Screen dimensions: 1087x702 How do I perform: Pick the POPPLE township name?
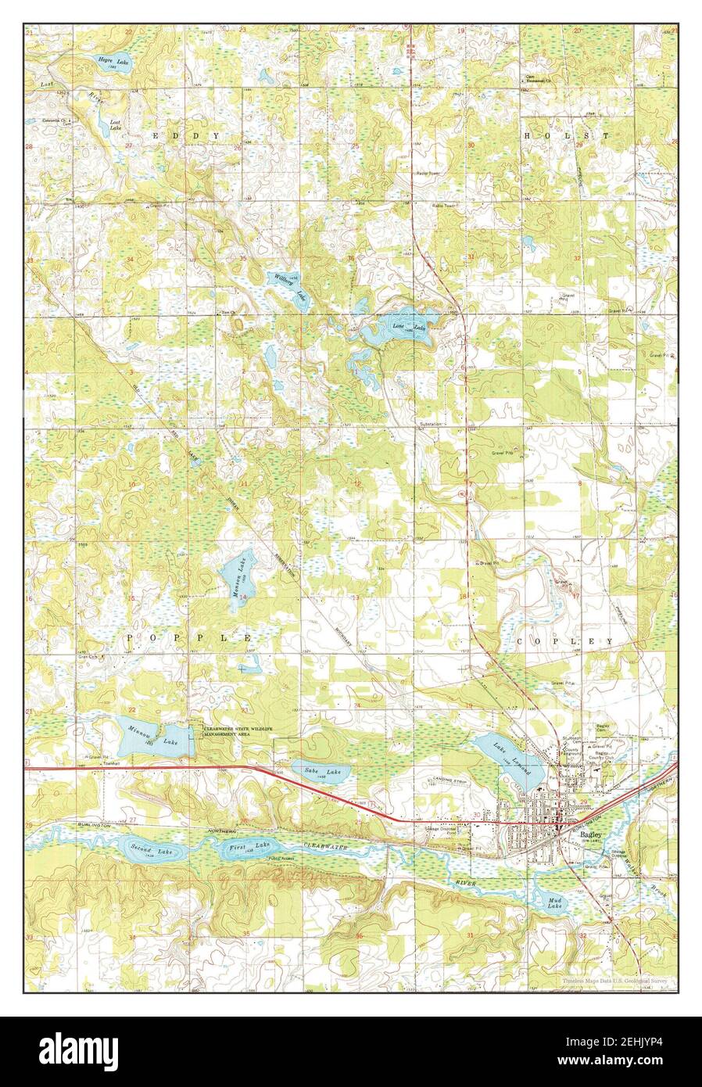[x=187, y=638]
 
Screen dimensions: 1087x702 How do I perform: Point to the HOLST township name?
[x=567, y=135]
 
